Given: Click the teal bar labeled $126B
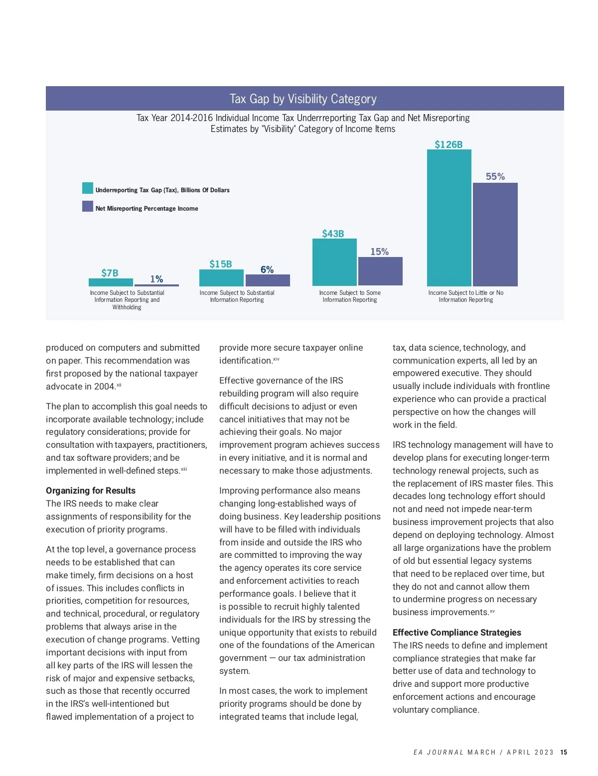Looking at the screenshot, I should point(449,218).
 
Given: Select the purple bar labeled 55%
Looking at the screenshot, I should point(495,234).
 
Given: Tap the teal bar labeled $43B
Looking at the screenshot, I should point(334,262).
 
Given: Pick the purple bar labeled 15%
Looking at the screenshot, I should point(380,271).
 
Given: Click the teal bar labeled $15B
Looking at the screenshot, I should point(221,277).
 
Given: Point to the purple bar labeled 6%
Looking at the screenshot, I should point(268,280).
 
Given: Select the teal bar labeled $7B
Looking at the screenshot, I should point(111,282).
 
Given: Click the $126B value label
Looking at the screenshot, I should point(448,144).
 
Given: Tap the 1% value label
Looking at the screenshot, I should point(156,279).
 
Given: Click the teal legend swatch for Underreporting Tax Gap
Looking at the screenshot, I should point(88,188).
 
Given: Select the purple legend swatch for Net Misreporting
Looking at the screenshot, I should point(88,206).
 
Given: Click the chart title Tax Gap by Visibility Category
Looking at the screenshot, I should point(303,99).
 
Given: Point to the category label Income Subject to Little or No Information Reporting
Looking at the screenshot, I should point(466,296).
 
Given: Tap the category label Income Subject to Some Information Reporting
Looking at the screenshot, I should point(350,296).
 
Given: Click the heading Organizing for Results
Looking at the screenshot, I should point(91,491).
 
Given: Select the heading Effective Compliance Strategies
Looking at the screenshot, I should point(457,633).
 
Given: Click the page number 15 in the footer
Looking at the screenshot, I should point(564,752).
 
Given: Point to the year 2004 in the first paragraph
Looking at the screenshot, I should point(105,387).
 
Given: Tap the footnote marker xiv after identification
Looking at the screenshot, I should point(276,359).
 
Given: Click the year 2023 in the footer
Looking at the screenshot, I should point(544,752).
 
